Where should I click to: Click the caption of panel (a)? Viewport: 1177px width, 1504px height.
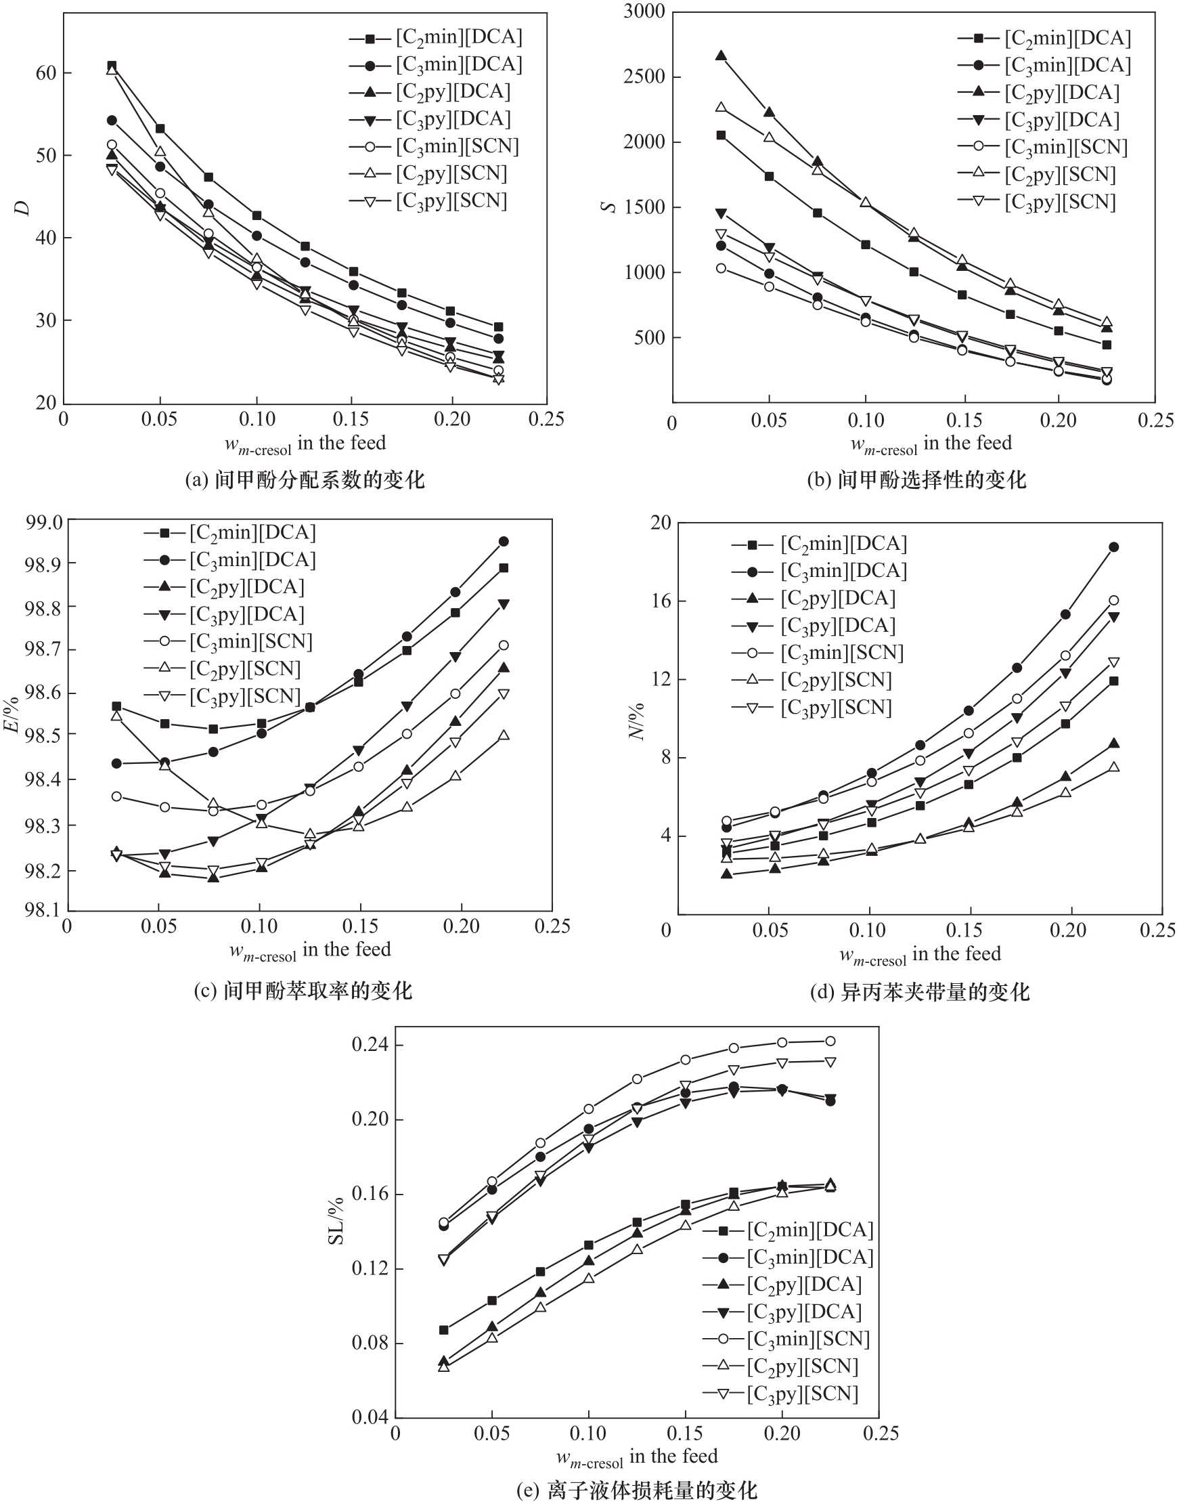(x=305, y=479)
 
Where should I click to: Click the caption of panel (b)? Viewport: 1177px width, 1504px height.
(x=916, y=479)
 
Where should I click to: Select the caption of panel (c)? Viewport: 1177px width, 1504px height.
(x=303, y=991)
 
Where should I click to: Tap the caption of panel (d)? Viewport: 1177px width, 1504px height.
(x=919, y=993)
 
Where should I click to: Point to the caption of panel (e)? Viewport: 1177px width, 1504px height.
(x=637, y=1490)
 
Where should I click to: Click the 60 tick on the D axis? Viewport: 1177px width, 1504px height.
(x=46, y=73)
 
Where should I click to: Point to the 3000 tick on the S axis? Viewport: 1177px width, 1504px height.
(x=644, y=12)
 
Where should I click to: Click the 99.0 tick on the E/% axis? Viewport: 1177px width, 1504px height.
(x=43, y=523)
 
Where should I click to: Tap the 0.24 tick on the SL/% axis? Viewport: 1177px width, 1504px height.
(x=370, y=1045)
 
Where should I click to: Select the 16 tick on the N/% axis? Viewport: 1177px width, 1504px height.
(x=661, y=601)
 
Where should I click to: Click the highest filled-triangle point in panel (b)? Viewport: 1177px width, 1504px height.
(x=721, y=56)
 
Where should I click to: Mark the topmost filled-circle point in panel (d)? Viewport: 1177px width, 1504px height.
(x=1113, y=547)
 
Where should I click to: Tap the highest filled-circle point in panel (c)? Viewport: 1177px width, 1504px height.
(x=504, y=542)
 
